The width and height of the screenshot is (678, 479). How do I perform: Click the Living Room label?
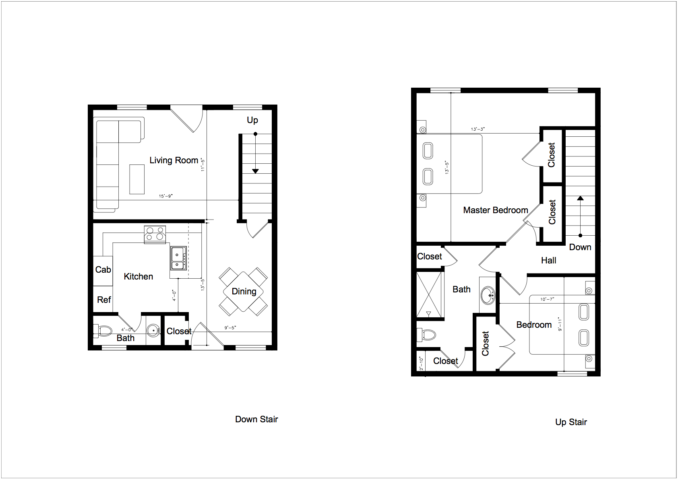(174, 160)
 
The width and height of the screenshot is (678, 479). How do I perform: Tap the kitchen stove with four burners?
(155, 234)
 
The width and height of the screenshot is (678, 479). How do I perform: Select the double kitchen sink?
(178, 258)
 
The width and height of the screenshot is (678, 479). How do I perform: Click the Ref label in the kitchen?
(104, 300)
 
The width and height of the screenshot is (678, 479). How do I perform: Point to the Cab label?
(103, 269)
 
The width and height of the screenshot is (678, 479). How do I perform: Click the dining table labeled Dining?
(243, 292)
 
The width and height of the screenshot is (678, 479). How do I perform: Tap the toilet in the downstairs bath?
(103, 331)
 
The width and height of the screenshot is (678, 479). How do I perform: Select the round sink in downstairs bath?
(153, 331)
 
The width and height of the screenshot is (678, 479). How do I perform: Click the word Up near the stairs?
(252, 120)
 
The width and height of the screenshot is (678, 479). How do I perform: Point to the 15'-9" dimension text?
(165, 196)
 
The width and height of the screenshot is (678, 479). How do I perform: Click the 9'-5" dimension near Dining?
(230, 327)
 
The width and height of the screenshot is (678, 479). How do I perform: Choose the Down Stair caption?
(256, 419)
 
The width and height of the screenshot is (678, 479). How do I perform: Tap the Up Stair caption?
(571, 422)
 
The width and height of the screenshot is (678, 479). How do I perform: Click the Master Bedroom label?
(496, 210)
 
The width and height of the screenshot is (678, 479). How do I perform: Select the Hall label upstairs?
(548, 260)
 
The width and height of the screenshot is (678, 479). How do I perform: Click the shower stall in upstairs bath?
(429, 294)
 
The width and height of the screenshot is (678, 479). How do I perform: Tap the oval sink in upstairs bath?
(488, 294)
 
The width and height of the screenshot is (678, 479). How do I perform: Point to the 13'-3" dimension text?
(477, 129)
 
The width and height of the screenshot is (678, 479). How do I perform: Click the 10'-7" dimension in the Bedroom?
(547, 299)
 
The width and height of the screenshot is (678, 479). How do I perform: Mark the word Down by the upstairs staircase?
(580, 247)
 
